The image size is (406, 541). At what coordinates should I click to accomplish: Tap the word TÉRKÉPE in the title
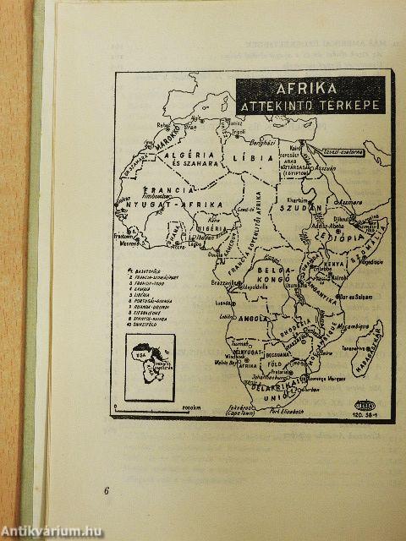348,106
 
